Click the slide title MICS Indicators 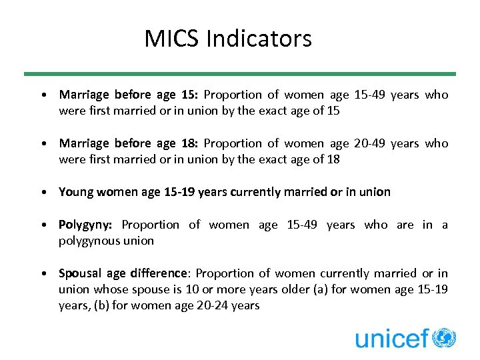tap(228, 39)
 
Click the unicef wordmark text tap(391, 339)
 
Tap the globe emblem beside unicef tap(444, 338)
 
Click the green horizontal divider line tap(240, 73)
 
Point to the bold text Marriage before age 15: tap(129, 95)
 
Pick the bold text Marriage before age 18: tap(129, 143)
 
